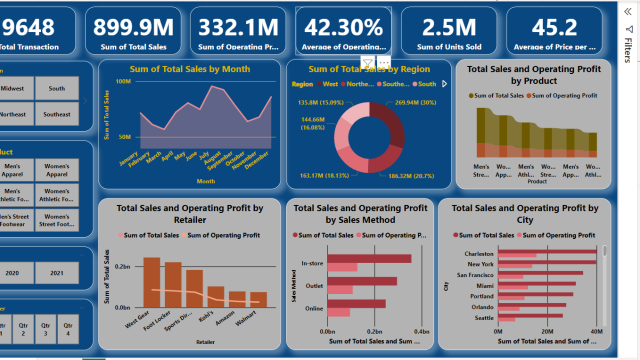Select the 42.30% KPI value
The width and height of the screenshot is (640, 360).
tap(344, 28)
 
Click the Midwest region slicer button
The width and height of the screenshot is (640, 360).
tap(14, 88)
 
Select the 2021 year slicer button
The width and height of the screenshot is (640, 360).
tap(56, 272)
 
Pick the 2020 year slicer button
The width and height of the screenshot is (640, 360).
tap(12, 272)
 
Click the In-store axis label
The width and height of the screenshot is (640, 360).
tap(313, 263)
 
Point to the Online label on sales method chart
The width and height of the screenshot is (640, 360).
tap(314, 308)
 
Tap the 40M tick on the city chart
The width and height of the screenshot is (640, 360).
tap(595, 329)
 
